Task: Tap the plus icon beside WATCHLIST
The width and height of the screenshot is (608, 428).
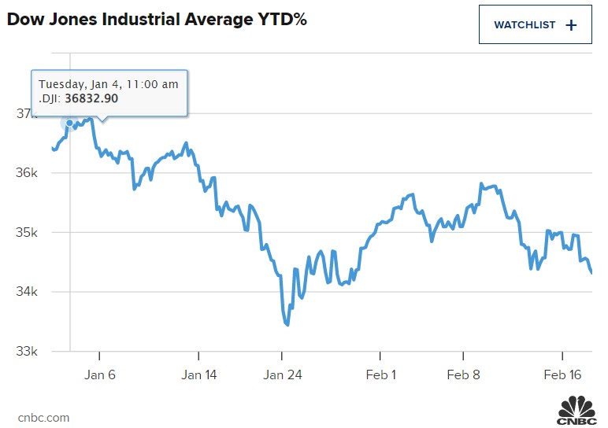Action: click(x=572, y=24)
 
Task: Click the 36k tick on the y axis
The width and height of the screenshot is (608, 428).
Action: click(x=27, y=173)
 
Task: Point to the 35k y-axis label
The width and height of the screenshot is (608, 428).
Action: click(x=27, y=233)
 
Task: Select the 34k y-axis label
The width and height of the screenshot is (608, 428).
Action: click(x=27, y=292)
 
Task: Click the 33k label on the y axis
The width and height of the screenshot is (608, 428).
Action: click(x=27, y=352)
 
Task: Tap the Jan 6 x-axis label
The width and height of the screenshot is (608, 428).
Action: click(x=99, y=375)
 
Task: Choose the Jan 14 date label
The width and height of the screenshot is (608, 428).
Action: click(x=198, y=375)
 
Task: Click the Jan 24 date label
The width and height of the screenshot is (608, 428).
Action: click(x=283, y=375)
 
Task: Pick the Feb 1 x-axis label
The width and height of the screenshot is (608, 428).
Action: click(x=381, y=375)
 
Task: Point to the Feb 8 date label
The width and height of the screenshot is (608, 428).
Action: click(x=464, y=375)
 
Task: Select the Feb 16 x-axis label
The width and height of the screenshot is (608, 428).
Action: click(x=564, y=375)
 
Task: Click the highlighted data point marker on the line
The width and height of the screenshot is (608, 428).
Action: click(x=70, y=123)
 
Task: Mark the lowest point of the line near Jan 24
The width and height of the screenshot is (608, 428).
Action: click(x=287, y=324)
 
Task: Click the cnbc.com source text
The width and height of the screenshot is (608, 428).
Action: click(x=43, y=418)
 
